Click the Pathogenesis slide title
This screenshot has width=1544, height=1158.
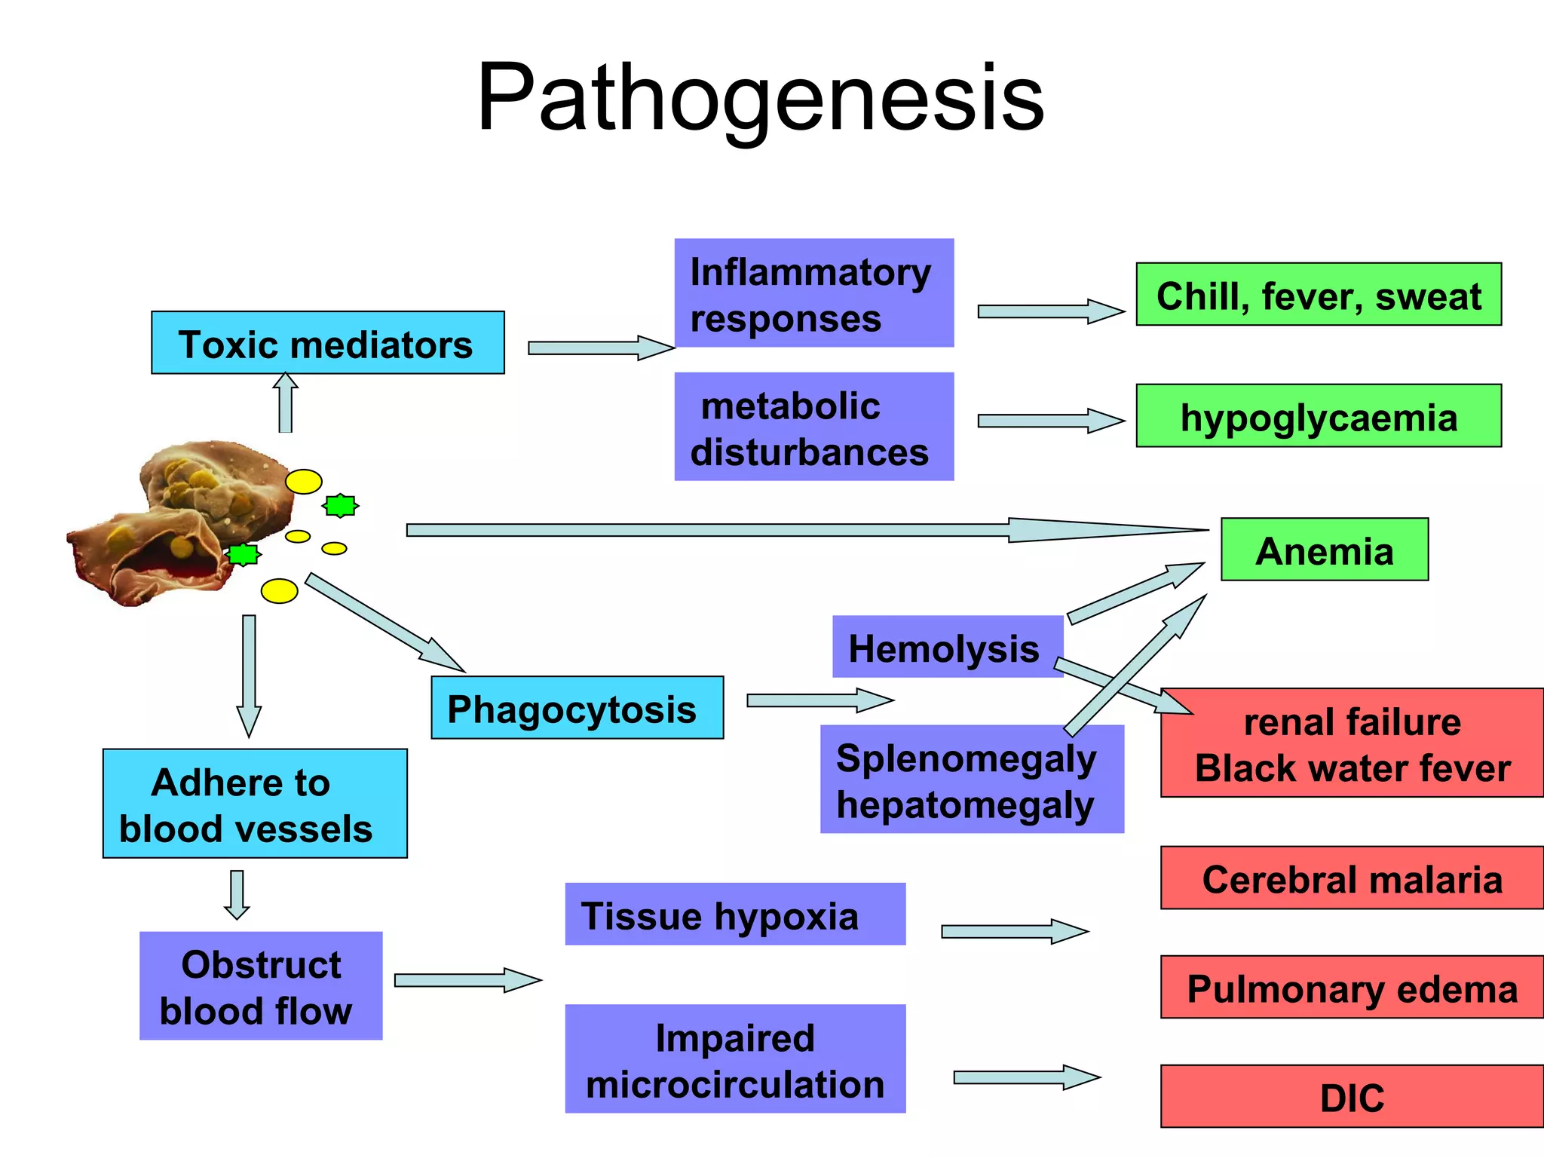pyautogui.click(x=761, y=98)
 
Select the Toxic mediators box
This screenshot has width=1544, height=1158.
pyautogui.click(x=328, y=342)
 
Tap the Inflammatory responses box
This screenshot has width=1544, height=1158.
pyautogui.click(x=814, y=293)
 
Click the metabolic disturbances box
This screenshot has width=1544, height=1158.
pyautogui.click(x=814, y=427)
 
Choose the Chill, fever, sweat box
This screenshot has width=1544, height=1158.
pyautogui.click(x=1319, y=294)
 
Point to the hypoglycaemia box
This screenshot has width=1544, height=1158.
pyautogui.click(x=1319, y=415)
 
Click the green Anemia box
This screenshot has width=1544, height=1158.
pyautogui.click(x=1325, y=549)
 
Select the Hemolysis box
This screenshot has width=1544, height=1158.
pyautogui.click(x=948, y=647)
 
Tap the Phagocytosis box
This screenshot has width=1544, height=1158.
pyautogui.click(x=577, y=707)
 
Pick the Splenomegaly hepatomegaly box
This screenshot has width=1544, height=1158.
pyautogui.click(x=972, y=780)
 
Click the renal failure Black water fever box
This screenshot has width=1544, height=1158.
pyautogui.click(x=1352, y=743)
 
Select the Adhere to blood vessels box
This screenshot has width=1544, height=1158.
pyautogui.click(x=255, y=804)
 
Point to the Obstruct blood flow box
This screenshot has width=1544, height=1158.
pyautogui.click(x=261, y=986)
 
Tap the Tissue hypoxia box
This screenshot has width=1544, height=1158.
pyautogui.click(x=735, y=914)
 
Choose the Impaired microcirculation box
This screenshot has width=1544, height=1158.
pyautogui.click(x=735, y=1058)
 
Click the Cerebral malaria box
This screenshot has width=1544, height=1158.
pyautogui.click(x=1352, y=878)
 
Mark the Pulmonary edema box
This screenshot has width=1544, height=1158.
pyautogui.click(x=1352, y=987)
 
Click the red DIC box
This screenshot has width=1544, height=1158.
pyautogui.click(x=1352, y=1096)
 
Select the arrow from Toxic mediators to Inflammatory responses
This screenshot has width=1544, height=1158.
pyautogui.click(x=601, y=348)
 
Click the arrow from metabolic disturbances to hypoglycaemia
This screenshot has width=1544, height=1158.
pyautogui.click(x=1051, y=421)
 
